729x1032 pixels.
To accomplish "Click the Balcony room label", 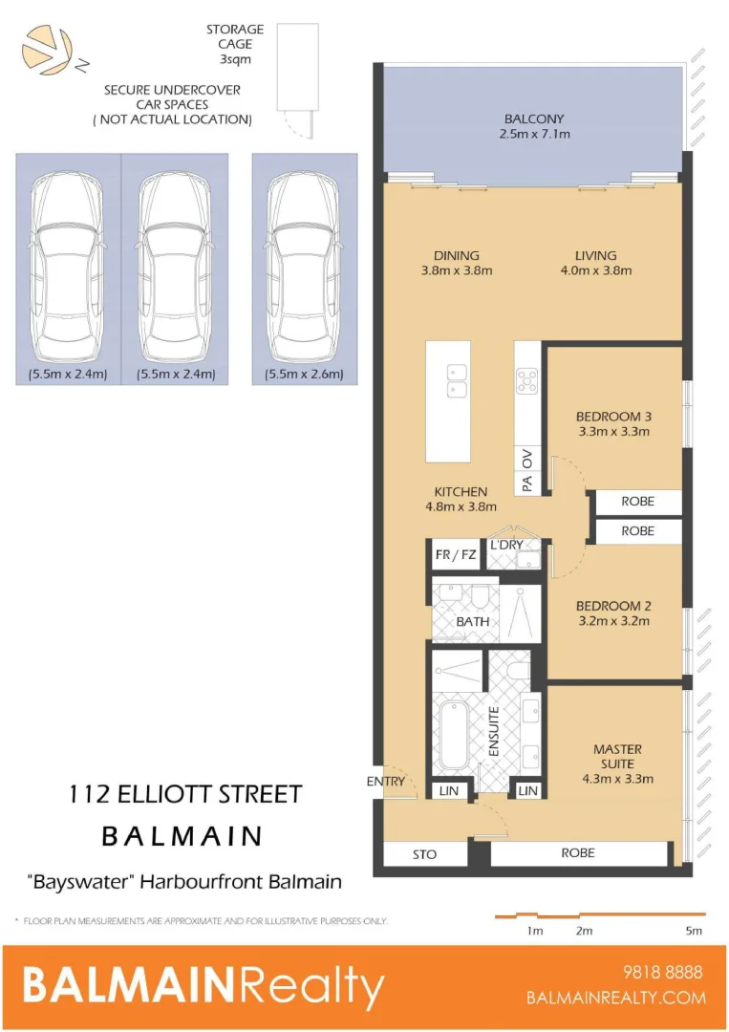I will coord(534,126).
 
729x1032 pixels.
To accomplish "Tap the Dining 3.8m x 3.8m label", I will coord(456,263).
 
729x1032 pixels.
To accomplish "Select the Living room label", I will coord(595,263).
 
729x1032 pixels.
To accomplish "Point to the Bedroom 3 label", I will coord(612,423).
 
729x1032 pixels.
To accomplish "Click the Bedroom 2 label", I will coord(612,613).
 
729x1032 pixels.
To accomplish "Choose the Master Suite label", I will coord(617,763).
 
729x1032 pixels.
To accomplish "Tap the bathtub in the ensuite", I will coord(454,738).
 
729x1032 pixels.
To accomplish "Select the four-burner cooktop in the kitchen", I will coord(527,381).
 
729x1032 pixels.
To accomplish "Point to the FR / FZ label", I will coord(455,555).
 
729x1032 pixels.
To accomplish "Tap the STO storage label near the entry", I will coord(425,854).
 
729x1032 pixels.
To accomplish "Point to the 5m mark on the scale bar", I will coord(694,930).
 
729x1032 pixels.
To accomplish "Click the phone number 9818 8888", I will coord(662,973).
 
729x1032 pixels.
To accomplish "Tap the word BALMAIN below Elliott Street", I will coord(182,836).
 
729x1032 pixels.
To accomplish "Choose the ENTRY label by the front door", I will coord(386,782).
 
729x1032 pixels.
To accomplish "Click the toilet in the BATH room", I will coord(480,597).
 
